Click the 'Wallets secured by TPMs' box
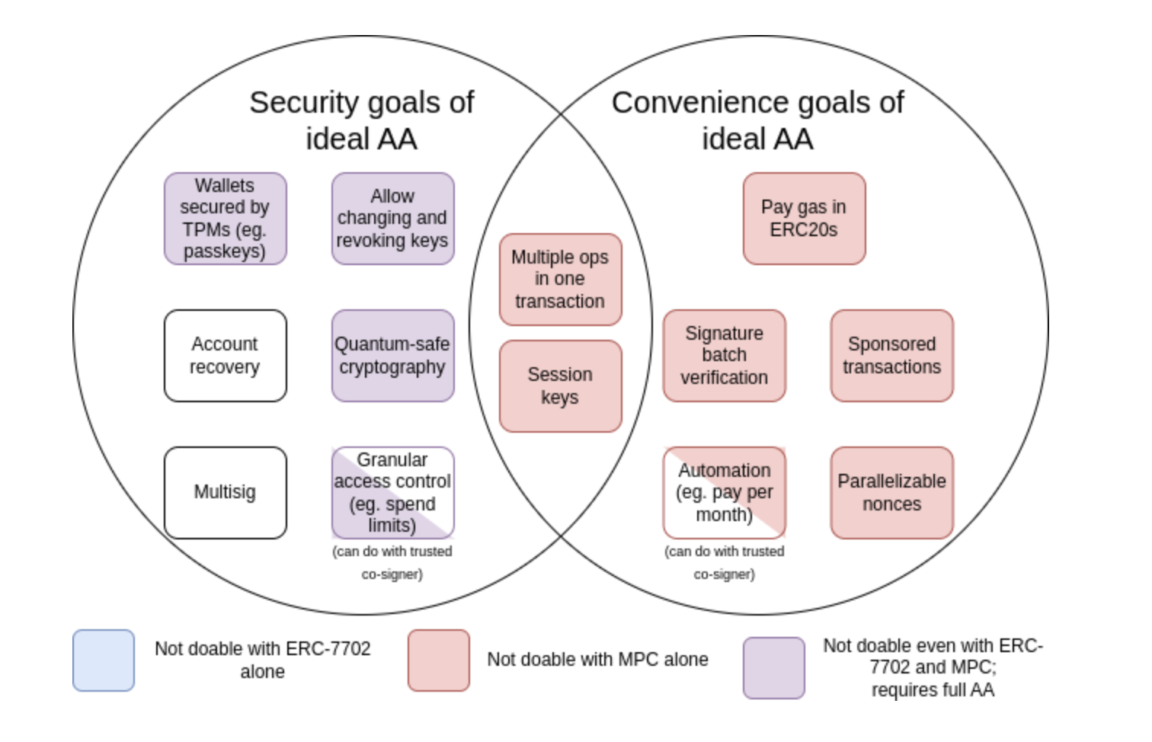[226, 219]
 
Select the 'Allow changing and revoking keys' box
[392, 219]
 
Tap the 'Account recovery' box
[226, 356]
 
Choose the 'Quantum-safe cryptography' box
[392, 356]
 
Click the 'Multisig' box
[226, 493]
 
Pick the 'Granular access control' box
[392, 493]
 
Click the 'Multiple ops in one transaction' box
[560, 280]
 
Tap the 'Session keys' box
[560, 386]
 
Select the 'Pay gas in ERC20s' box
[804, 219]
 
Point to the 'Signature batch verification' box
[724, 356]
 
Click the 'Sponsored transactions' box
[891, 356]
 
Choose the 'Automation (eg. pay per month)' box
[724, 493]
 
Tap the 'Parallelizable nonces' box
[891, 493]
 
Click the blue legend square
[104, 660]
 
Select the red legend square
[439, 660]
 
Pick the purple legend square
[774, 668]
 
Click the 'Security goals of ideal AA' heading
[362, 120]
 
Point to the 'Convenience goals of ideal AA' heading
[757, 120]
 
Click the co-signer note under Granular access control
[392, 562]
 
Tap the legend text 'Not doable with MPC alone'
[598, 660]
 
